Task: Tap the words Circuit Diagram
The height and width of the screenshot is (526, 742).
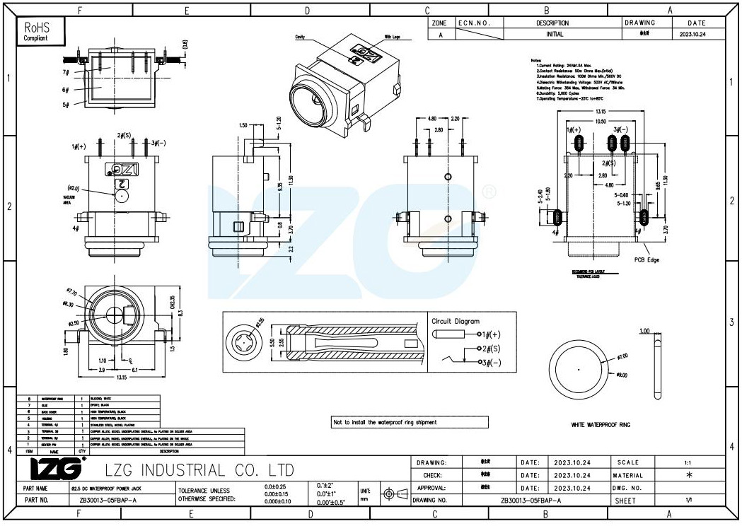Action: click(x=456, y=321)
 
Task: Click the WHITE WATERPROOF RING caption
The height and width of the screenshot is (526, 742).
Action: click(x=601, y=425)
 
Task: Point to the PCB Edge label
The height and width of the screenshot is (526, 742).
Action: click(x=647, y=260)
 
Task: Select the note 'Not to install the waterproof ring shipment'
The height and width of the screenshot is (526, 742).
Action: click(x=385, y=422)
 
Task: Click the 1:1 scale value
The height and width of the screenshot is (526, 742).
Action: click(x=688, y=462)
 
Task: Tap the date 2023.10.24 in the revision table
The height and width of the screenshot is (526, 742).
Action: click(x=692, y=34)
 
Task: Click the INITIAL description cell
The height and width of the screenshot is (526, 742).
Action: click(x=555, y=34)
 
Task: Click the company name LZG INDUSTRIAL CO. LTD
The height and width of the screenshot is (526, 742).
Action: click(x=199, y=470)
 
